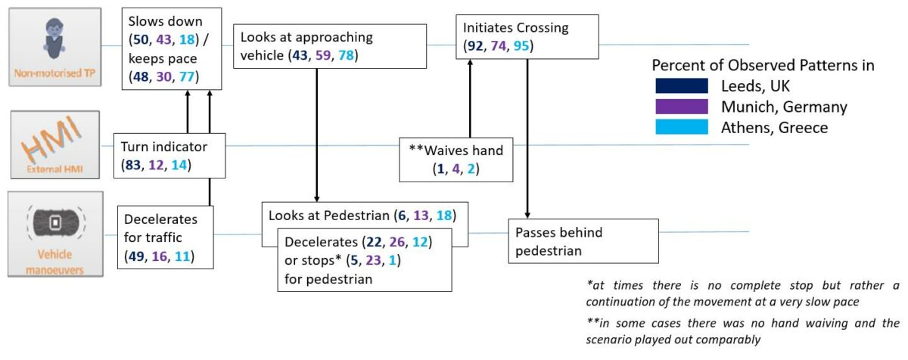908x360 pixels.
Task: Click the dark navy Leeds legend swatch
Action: (x=682, y=86)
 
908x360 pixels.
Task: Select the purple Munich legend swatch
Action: (x=682, y=107)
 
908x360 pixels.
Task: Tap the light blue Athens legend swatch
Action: (x=682, y=127)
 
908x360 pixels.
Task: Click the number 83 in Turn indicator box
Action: (x=133, y=165)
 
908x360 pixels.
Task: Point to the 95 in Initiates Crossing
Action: (x=521, y=46)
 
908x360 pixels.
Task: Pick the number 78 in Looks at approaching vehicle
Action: (x=347, y=55)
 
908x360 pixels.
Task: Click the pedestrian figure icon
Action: (x=54, y=39)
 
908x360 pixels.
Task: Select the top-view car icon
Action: (x=56, y=222)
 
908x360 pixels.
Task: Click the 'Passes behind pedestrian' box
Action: (x=583, y=241)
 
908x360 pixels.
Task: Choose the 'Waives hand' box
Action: (x=456, y=160)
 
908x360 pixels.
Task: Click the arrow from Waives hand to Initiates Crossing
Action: (x=470, y=98)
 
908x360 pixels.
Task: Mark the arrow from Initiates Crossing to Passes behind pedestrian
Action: (x=527, y=139)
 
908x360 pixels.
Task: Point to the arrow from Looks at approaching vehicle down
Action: (x=316, y=135)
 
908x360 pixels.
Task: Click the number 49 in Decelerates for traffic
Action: (x=136, y=256)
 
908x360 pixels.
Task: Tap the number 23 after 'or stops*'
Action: (x=373, y=260)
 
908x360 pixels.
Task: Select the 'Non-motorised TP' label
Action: (x=54, y=73)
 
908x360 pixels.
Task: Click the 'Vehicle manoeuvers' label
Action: (x=54, y=262)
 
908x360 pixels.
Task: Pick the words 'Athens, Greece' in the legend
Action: (x=774, y=128)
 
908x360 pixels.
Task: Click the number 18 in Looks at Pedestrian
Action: (x=444, y=216)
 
